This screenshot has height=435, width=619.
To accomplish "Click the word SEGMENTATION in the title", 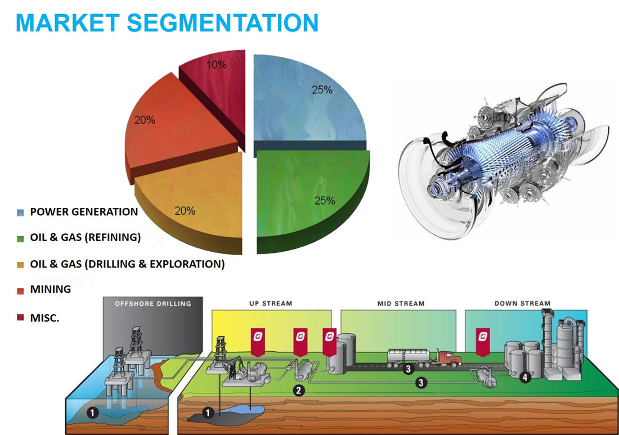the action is pyautogui.click(x=222, y=22).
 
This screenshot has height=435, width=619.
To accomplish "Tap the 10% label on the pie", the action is pyautogui.click(x=216, y=65).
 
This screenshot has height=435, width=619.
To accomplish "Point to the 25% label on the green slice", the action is pyautogui.click(x=325, y=201).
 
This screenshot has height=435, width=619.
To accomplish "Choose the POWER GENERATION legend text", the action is pyautogui.click(x=84, y=212).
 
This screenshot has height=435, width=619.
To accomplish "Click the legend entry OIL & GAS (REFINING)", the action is pyautogui.click(x=86, y=237).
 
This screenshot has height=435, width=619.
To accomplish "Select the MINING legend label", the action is pyautogui.click(x=51, y=289).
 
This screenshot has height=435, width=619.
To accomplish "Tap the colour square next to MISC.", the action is pyautogui.click(x=20, y=318).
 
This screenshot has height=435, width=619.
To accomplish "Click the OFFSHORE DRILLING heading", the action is pyautogui.click(x=152, y=303).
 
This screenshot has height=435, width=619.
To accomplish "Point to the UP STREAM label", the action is pyautogui.click(x=271, y=303).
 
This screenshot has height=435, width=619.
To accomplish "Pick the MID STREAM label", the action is pyautogui.click(x=401, y=303).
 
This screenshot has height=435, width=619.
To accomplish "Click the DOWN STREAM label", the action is pyautogui.click(x=522, y=303).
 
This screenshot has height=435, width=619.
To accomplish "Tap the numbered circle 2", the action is pyautogui.click(x=298, y=391).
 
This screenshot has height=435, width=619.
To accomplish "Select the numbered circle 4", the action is pyautogui.click(x=524, y=378).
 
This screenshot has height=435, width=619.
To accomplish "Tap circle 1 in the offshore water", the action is pyautogui.click(x=92, y=413).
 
